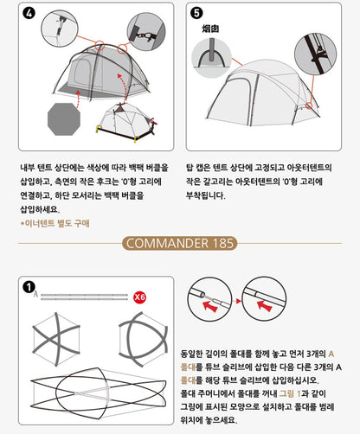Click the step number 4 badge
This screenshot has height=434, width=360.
(x=29, y=14)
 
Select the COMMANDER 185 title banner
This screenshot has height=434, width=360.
(x=179, y=243)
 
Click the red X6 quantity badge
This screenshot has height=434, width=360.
(x=140, y=297)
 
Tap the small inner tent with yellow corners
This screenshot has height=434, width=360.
(x=126, y=121)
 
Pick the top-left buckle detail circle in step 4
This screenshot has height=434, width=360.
(x=53, y=34)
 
